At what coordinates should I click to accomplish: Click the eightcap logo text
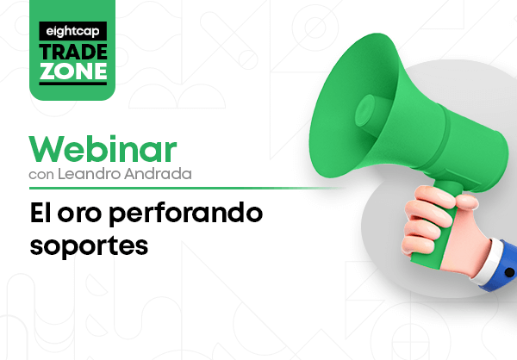73,32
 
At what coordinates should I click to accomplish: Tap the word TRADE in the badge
73,52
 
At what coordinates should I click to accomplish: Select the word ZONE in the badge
73,71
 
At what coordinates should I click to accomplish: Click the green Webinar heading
103,149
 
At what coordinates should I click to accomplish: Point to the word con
41,175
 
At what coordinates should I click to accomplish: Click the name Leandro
90,174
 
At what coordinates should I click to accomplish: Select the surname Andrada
158,174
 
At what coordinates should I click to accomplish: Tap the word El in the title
40,213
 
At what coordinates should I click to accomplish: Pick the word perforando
185,214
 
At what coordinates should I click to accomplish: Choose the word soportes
89,247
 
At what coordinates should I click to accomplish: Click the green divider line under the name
187,189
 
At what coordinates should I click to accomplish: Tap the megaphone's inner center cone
365,111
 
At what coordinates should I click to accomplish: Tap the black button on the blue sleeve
510,273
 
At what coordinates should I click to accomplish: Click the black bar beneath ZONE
73,83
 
